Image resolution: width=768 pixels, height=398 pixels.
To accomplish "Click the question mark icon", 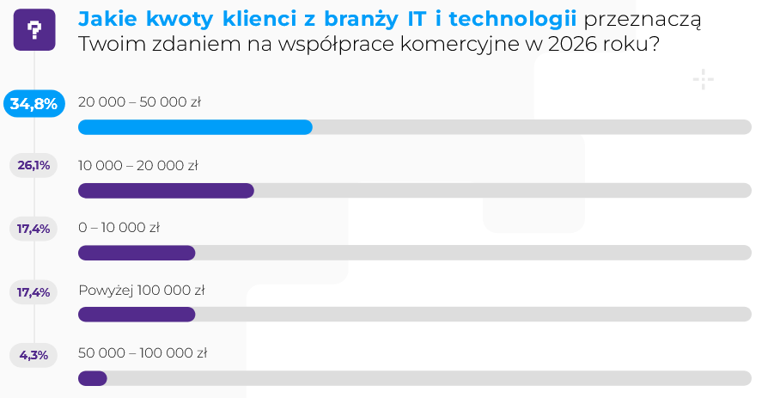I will pyautogui.click(x=34, y=31).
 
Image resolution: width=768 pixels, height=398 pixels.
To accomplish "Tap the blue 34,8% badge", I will pyautogui.click(x=34, y=104).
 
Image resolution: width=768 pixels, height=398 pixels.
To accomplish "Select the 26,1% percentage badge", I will pyautogui.click(x=34, y=165).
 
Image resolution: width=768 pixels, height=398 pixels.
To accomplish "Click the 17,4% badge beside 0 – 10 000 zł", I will pyautogui.click(x=34, y=229).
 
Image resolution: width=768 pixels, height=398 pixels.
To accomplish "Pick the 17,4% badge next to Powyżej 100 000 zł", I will pyautogui.click(x=34, y=292).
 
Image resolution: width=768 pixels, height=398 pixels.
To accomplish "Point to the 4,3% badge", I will pyautogui.click(x=34, y=354).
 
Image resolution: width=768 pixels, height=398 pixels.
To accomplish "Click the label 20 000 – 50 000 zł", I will pyautogui.click(x=139, y=102).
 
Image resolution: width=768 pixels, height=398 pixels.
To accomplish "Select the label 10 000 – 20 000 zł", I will pyautogui.click(x=138, y=165).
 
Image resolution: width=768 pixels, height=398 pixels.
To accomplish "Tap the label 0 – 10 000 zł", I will pyautogui.click(x=119, y=228).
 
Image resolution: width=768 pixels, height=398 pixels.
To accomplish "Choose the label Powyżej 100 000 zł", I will pyautogui.click(x=141, y=291).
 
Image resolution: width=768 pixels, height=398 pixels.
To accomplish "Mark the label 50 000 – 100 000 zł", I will pyautogui.click(x=143, y=353).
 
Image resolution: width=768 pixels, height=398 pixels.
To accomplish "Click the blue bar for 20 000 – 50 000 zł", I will pyautogui.click(x=195, y=127).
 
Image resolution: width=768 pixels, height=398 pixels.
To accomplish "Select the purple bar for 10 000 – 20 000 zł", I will pyautogui.click(x=166, y=190).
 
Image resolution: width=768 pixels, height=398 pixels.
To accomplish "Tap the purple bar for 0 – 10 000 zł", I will pyautogui.click(x=137, y=253).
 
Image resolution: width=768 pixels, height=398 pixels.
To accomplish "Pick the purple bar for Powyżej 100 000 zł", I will pyautogui.click(x=137, y=315).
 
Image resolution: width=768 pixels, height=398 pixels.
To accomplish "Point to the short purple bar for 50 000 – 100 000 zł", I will pyautogui.click(x=93, y=378).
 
